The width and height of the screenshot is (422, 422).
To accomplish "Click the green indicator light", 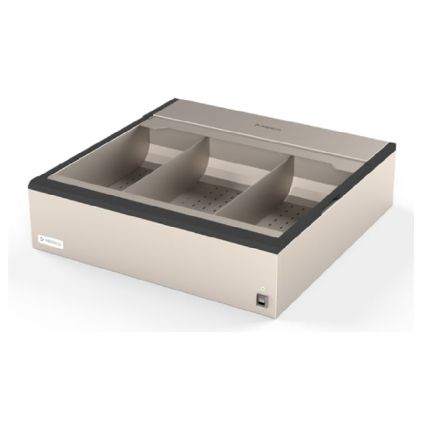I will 262,288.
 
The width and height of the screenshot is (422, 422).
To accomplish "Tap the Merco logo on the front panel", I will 50,242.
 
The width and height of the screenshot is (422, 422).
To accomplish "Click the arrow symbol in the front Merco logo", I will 41,241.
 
